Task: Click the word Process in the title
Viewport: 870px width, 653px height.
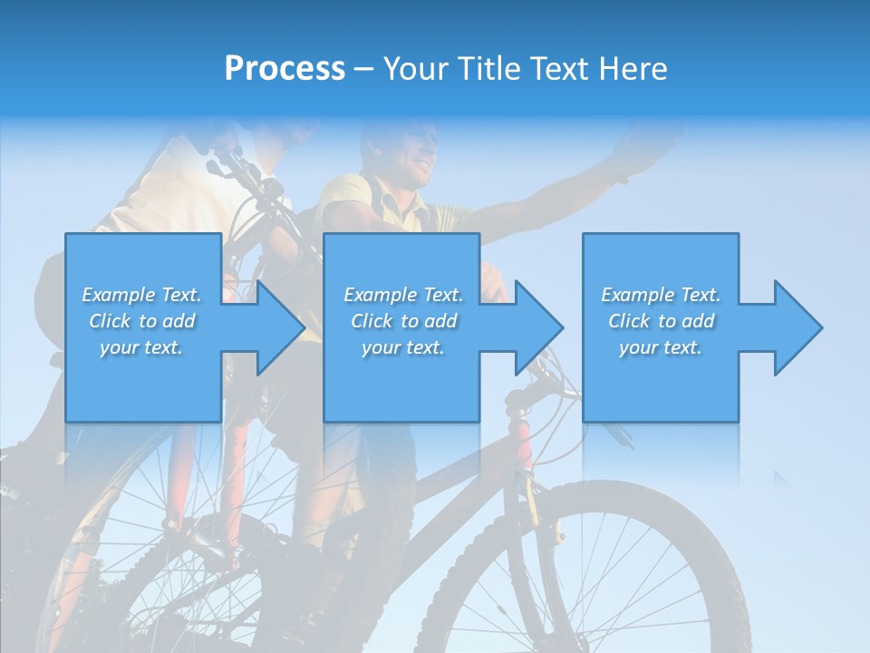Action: pos(285,69)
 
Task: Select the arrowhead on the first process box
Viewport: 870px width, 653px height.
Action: pos(275,327)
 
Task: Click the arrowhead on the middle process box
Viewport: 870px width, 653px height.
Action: pos(535,327)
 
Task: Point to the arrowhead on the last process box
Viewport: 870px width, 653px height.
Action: pos(794,327)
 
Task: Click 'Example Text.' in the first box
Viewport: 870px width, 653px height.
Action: pos(141,295)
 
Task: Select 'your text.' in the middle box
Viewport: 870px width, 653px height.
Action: pos(402,347)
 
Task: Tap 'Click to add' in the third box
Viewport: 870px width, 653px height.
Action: pos(661,321)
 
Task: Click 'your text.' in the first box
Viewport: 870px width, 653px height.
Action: pos(141,347)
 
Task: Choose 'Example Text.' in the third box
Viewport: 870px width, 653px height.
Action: pos(661,295)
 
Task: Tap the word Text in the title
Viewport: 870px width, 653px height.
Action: pos(559,69)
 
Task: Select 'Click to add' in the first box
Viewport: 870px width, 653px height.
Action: pos(141,321)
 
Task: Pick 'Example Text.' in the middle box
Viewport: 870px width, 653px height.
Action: pos(402,295)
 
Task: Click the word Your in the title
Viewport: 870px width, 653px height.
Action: pos(416,69)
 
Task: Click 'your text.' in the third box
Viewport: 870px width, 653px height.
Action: pos(661,347)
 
